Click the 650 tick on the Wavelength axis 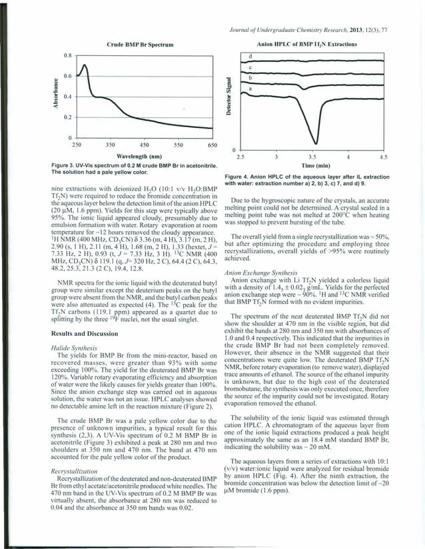click(x=212, y=144)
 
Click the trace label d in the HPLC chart click(x=250, y=56)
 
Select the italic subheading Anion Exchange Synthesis click(x=267, y=272)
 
